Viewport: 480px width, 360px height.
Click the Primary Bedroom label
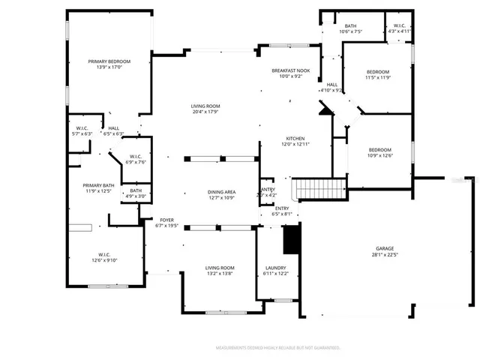tap(109, 61)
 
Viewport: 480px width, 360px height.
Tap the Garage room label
tap(385, 248)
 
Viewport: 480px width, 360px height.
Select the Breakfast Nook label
tap(289, 70)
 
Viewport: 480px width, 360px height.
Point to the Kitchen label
tap(295, 139)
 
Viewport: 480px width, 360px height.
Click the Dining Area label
tap(221, 192)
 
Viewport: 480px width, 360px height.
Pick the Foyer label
tap(166, 220)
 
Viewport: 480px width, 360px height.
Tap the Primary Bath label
tap(98, 185)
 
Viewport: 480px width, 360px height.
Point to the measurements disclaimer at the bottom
tap(277, 348)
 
